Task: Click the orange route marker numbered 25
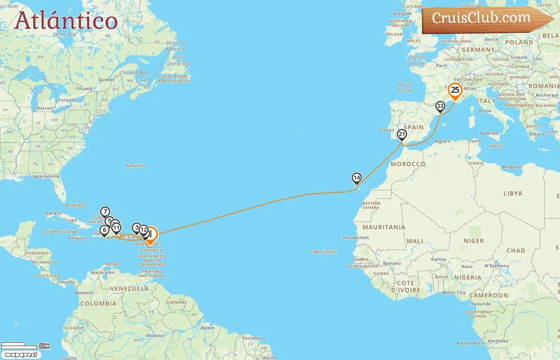tap(455, 90)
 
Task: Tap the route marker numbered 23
tap(440, 106)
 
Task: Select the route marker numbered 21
tap(402, 134)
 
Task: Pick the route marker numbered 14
tap(356, 178)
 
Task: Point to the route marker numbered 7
tap(105, 212)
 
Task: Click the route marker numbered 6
tap(104, 230)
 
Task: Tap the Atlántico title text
tap(66, 20)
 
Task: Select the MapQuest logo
tap(21, 355)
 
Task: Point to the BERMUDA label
tap(136, 166)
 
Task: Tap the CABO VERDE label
tap(323, 252)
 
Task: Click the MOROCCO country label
tap(408, 164)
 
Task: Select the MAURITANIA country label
tap(384, 227)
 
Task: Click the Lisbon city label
tap(387, 130)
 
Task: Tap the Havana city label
tap(54, 213)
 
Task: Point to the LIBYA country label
tap(513, 194)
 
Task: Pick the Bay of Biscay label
tap(405, 87)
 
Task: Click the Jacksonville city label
tap(46, 176)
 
